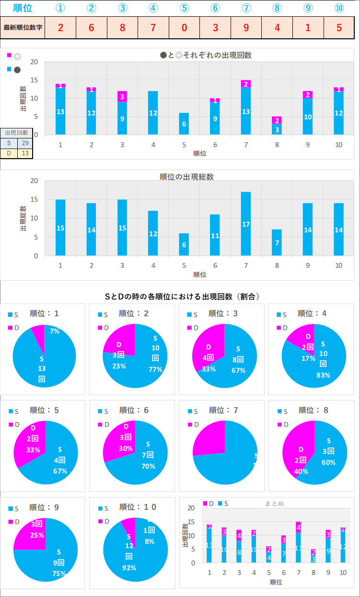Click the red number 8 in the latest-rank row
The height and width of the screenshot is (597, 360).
coord(122,27)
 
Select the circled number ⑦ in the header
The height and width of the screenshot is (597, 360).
coord(246,8)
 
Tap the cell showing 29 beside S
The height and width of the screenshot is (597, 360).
coord(25,143)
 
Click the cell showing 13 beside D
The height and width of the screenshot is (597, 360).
coord(25,153)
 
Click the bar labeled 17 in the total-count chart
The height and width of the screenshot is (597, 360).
coord(246,224)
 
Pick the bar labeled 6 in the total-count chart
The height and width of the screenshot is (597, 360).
coord(184,244)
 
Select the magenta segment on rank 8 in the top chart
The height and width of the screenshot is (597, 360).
coord(277,120)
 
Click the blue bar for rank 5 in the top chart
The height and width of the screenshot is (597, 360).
coord(184,124)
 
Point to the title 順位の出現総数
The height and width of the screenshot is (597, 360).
coord(186,177)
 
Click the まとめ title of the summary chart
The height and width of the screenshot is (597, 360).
coord(275,504)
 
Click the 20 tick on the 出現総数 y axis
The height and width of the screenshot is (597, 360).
coord(34,181)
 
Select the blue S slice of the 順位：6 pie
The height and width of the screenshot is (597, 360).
coord(144,460)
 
